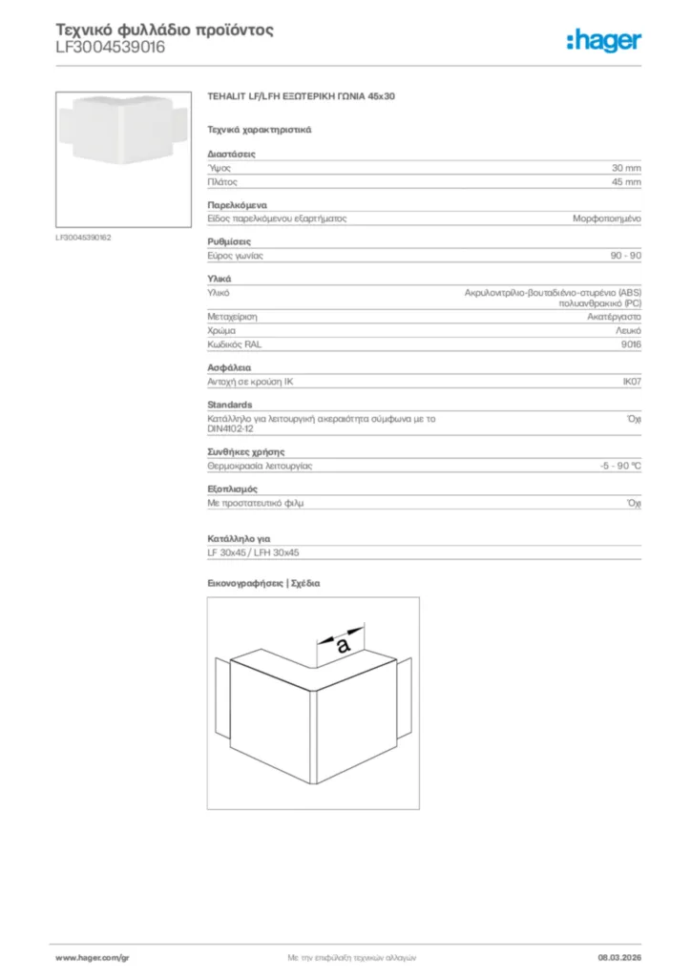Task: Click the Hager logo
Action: pos(603,39)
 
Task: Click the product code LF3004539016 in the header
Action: pos(110,47)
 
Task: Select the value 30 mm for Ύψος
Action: pos(626,167)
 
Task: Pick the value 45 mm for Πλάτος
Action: pos(626,181)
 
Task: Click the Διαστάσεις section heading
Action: pos(231,154)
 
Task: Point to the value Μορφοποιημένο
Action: pos(607,218)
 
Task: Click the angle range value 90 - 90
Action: pos(625,256)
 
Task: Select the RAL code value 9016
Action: pos(631,343)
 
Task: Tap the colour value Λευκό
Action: pos(627,330)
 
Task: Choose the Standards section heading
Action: pos(230,405)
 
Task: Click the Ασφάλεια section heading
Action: pos(229,367)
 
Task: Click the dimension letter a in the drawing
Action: pos(342,645)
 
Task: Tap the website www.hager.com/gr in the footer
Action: pos(92,956)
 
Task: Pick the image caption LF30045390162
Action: pos(84,237)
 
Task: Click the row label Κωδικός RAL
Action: pos(234,343)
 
